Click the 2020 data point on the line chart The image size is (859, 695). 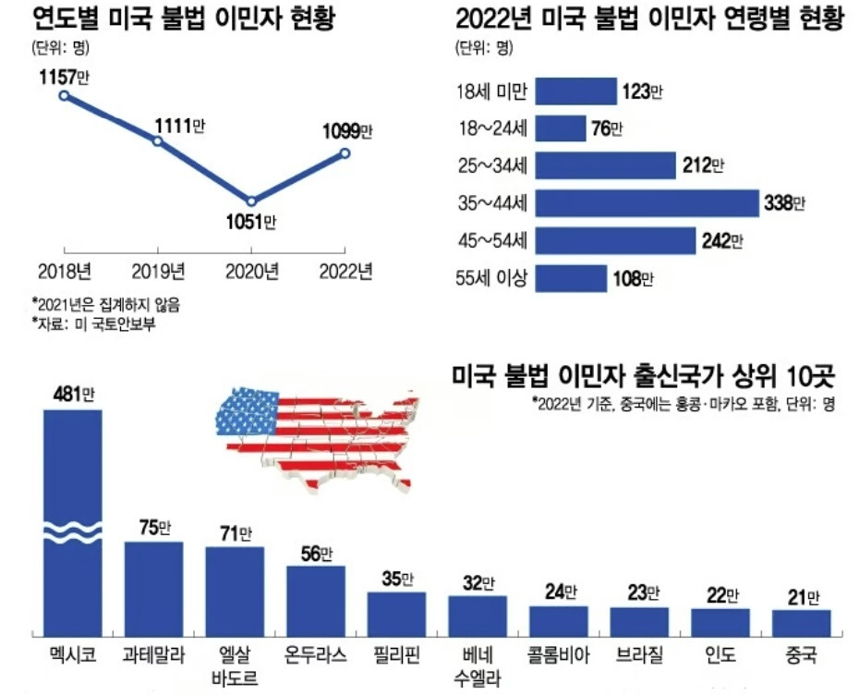point(250,201)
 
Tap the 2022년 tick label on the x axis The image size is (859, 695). point(345,272)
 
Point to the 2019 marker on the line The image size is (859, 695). point(158,141)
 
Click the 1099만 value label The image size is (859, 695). point(346,131)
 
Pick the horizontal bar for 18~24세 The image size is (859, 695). point(561,128)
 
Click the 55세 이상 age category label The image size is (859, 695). point(490,278)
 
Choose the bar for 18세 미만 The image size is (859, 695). point(576,91)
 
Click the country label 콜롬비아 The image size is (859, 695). point(558,657)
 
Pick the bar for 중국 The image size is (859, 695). point(801,621)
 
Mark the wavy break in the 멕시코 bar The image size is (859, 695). point(73,533)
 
